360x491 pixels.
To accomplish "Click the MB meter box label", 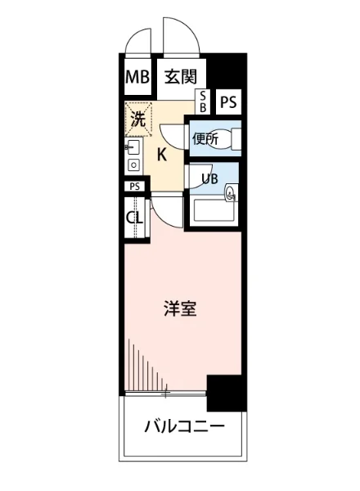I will pos(136,79).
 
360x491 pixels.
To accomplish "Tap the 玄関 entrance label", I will pos(179,79).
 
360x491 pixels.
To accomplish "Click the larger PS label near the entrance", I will pos(228,102).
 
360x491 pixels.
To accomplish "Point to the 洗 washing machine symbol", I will pos(137,118).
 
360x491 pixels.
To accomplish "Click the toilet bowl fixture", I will pos(235,139).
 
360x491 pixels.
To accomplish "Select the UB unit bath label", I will pos(209,178).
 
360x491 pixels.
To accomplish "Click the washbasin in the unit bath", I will pos(231,193).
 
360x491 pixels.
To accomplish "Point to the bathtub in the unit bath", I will pos(214,214).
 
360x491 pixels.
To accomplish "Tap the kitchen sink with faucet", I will pos(133,149).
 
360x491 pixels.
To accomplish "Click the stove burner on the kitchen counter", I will pos(133,165).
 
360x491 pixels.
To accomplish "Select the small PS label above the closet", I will pos(135,187).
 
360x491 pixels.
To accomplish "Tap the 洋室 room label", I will pos(179,310).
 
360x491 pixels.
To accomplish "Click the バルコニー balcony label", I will pos(183,426).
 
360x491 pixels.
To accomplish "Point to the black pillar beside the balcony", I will pos(226,393).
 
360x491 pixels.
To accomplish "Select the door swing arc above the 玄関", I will pos(182,34).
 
